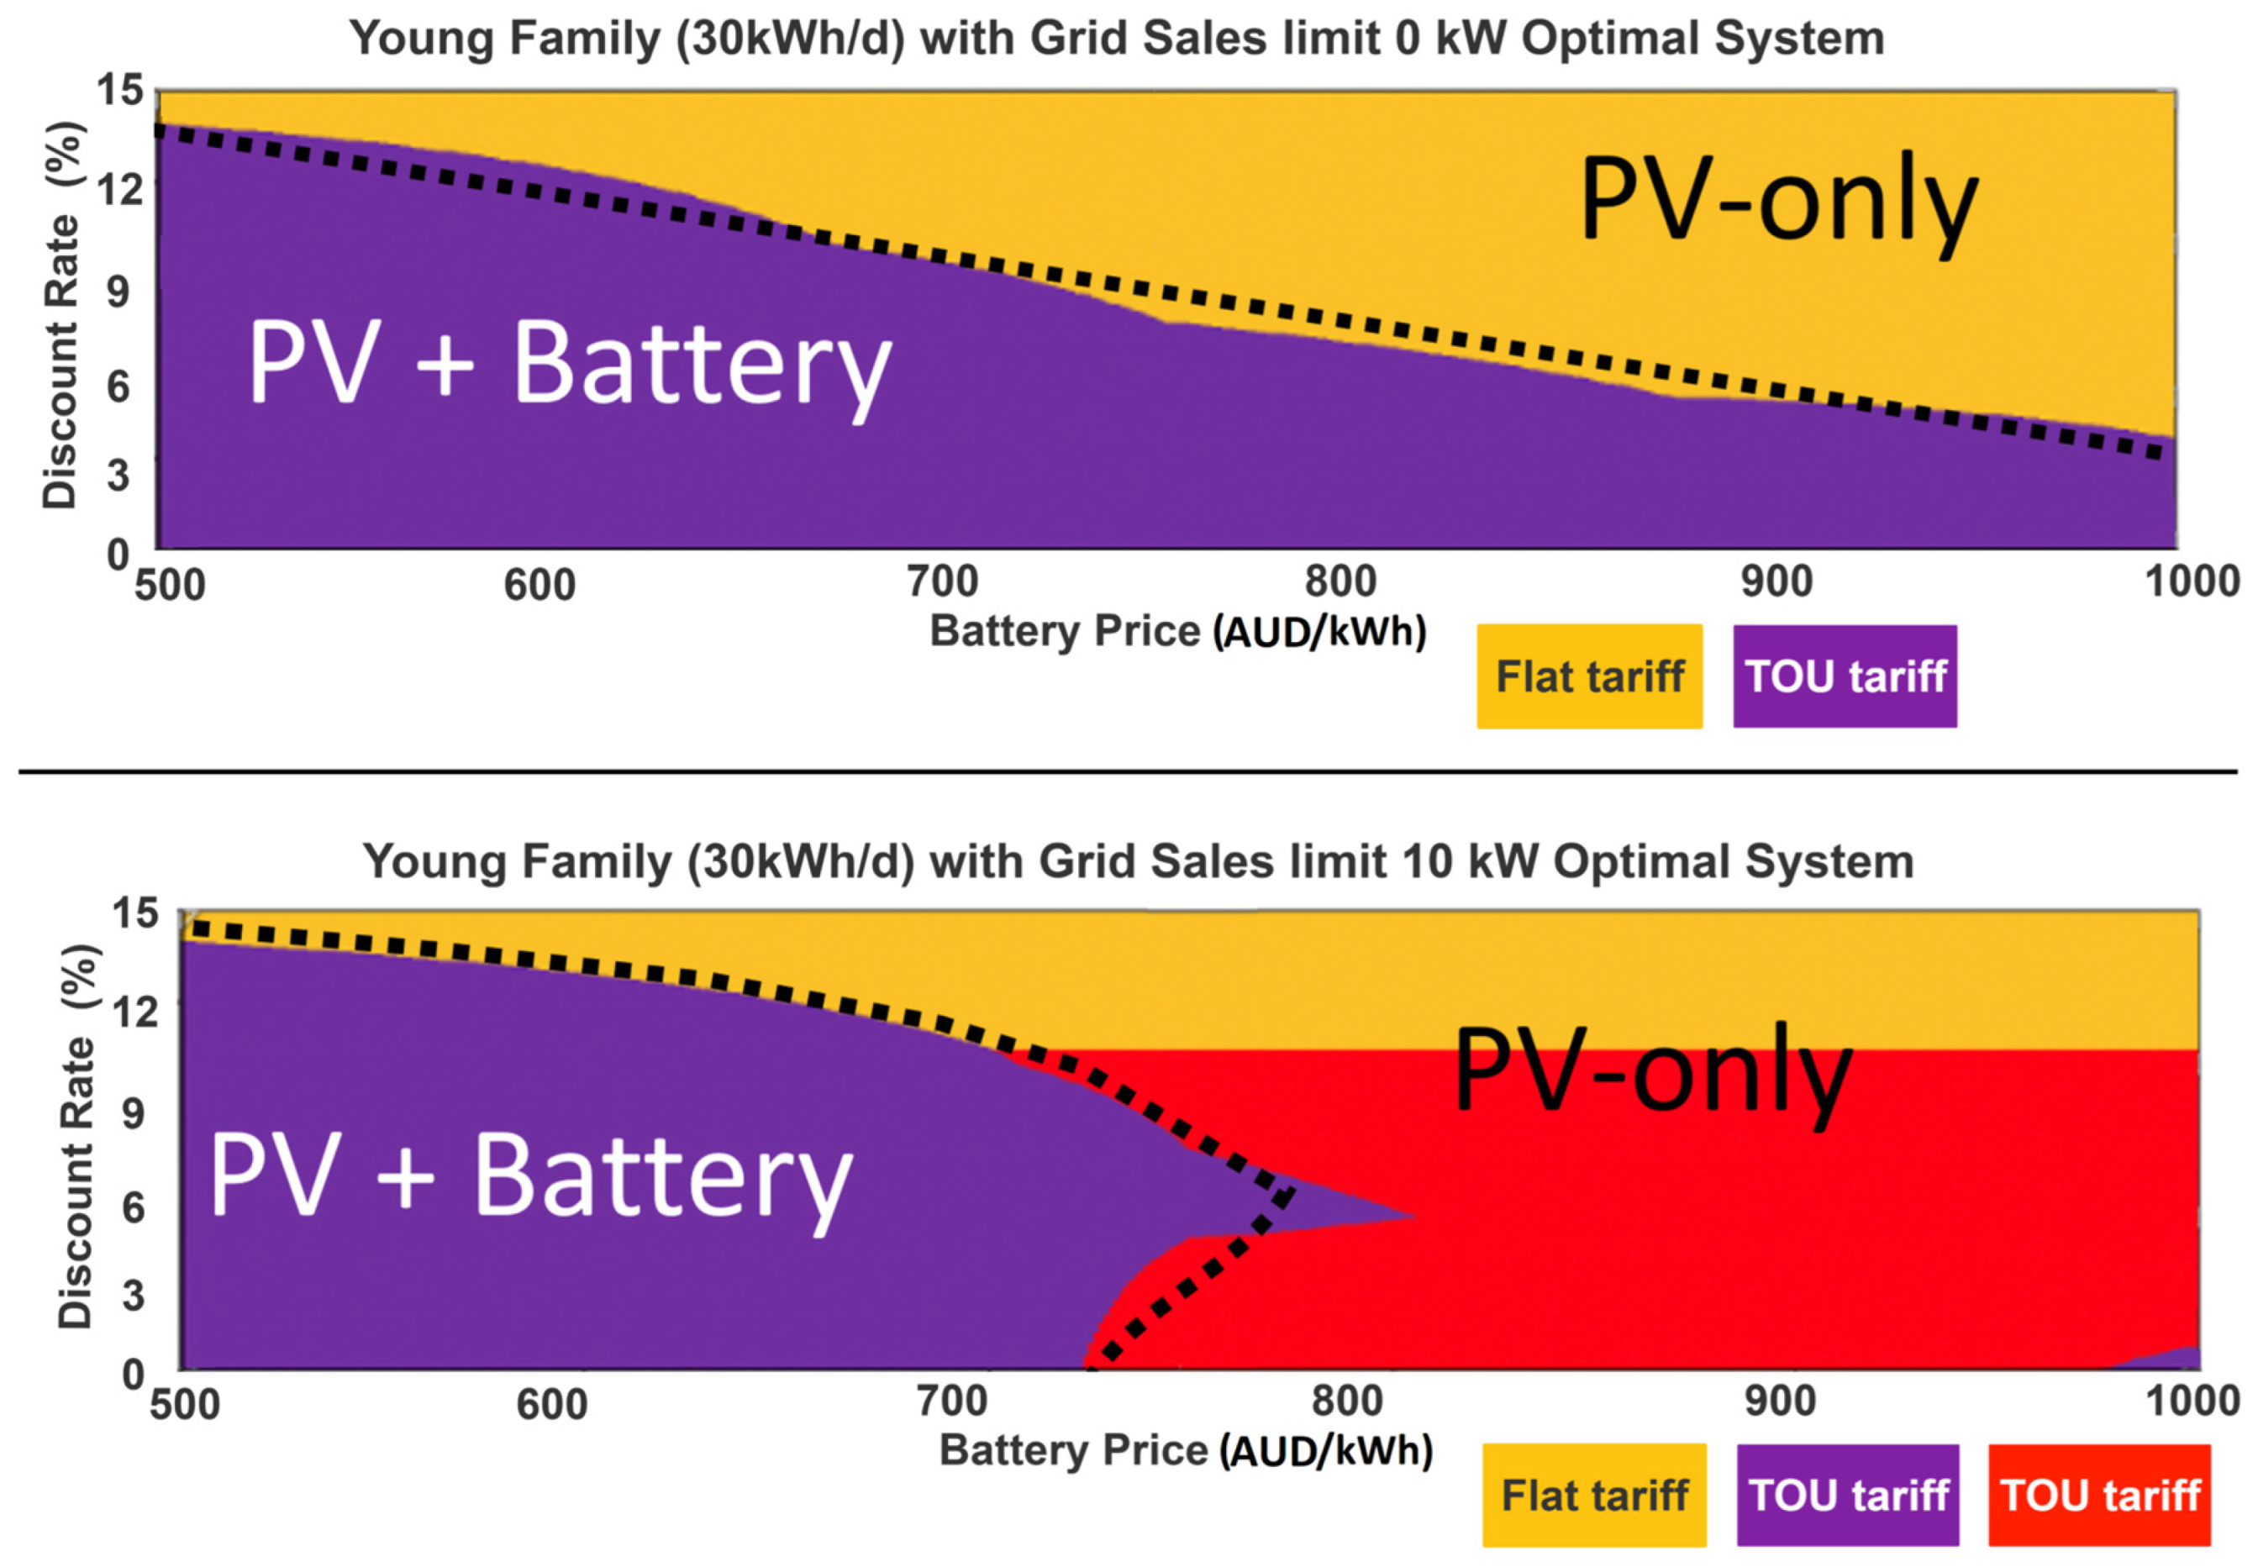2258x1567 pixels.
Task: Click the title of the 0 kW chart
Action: pyautogui.click(x=1116, y=39)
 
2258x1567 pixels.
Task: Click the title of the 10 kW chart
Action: pyautogui.click(x=1138, y=861)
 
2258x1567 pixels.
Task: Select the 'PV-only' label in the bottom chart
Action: pyautogui.click(x=1652, y=1071)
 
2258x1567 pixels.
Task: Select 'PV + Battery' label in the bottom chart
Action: pyautogui.click(x=530, y=1176)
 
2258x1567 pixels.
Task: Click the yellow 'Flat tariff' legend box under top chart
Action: pyautogui.click(x=1588, y=676)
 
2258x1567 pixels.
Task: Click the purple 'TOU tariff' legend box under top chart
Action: pyautogui.click(x=1844, y=676)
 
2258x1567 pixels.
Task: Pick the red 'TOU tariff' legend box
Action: pyautogui.click(x=2099, y=1496)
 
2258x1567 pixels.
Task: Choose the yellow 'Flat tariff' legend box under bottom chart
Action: pyautogui.click(x=1593, y=1496)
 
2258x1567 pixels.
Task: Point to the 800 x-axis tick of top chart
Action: pyautogui.click(x=1340, y=582)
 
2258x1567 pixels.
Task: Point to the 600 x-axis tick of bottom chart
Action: pyautogui.click(x=552, y=1404)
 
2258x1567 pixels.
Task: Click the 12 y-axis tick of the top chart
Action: pyautogui.click(x=120, y=187)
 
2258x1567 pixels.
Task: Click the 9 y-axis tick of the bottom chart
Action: pyautogui.click(x=134, y=1112)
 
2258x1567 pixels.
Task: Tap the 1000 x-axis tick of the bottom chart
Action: pyautogui.click(x=2192, y=1400)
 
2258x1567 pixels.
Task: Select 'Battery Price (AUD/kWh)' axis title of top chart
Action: pyautogui.click(x=1177, y=631)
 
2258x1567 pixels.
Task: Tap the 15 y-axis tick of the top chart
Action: pyautogui.click(x=120, y=91)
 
